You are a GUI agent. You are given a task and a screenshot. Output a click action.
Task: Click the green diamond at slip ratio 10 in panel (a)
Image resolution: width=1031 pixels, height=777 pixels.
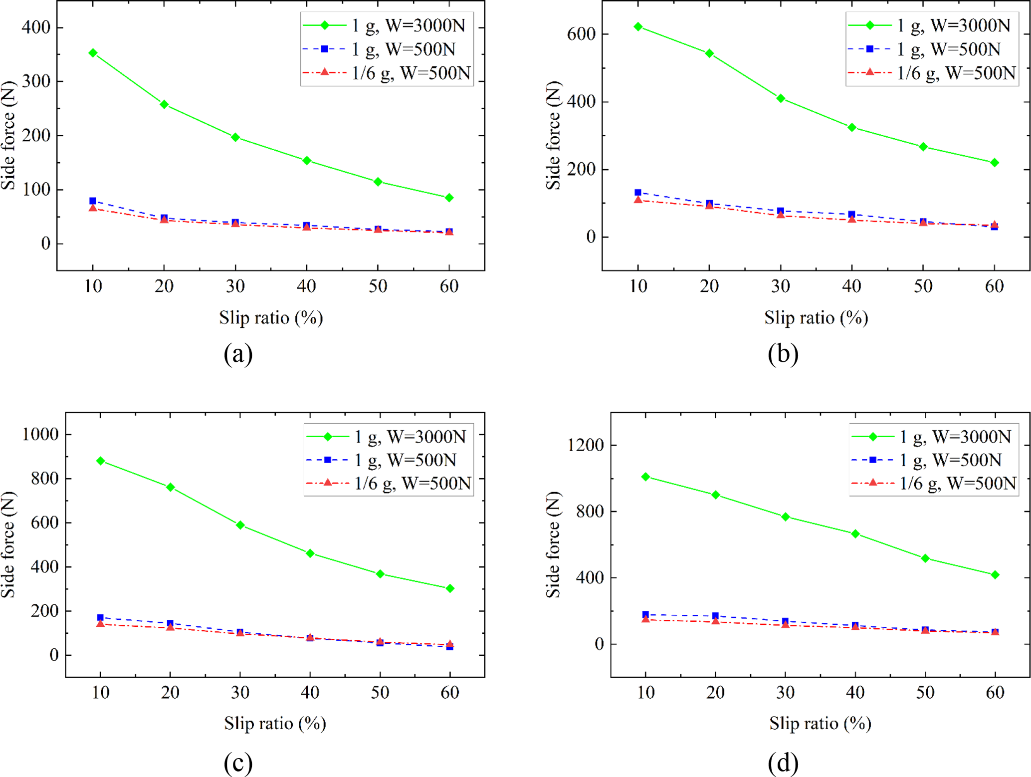pos(93,53)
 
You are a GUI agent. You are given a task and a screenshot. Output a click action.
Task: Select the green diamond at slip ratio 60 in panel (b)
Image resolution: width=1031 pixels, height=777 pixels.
pos(994,163)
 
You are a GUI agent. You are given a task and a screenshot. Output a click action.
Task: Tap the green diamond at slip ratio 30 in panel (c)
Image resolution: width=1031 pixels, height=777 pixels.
pos(240,525)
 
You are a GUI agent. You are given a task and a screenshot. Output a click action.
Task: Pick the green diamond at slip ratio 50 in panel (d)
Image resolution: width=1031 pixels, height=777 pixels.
pos(925,558)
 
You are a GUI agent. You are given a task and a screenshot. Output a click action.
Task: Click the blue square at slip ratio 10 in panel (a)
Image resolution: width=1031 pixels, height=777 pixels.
pos(93,201)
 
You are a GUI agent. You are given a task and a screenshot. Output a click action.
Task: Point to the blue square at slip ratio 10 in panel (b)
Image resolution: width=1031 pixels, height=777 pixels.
pos(638,192)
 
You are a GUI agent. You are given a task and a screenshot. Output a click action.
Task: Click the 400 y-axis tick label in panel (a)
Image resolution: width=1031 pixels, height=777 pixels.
pos(36,27)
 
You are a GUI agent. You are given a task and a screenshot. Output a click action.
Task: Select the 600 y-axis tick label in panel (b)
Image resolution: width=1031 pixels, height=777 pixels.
pos(582,34)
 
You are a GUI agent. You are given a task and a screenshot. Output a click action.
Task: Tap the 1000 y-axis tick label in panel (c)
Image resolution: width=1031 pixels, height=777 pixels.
pos(40,434)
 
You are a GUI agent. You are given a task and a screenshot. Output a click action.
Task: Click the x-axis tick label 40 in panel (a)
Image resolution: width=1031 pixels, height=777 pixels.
pos(306,286)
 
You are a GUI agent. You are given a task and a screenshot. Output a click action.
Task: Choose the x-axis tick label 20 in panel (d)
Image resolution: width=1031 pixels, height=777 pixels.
pos(715,692)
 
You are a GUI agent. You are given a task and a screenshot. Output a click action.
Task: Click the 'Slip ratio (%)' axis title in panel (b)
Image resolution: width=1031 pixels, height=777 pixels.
pos(816,317)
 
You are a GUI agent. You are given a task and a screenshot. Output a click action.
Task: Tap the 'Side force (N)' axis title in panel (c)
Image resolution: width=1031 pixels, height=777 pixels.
pos(8,544)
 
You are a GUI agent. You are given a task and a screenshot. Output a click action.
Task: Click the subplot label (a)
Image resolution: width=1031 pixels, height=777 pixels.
pos(238,354)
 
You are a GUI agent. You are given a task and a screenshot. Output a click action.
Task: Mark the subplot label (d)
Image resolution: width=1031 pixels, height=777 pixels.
pos(783,762)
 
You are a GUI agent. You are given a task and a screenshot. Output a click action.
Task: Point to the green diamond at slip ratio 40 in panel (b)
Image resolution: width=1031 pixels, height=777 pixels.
pos(851,128)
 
